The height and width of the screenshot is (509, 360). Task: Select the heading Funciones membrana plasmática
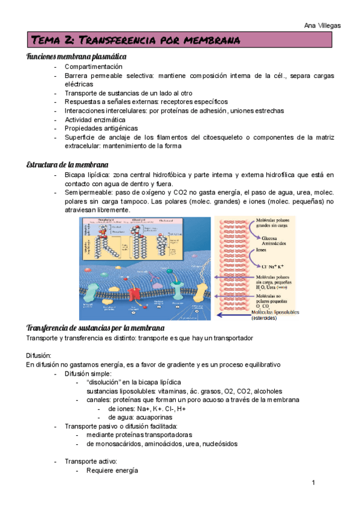coord(76,56)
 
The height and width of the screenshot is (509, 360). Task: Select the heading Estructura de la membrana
coord(67,164)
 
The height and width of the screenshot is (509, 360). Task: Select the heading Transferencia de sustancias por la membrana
coord(95,328)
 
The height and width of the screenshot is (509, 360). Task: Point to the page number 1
coord(313,482)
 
